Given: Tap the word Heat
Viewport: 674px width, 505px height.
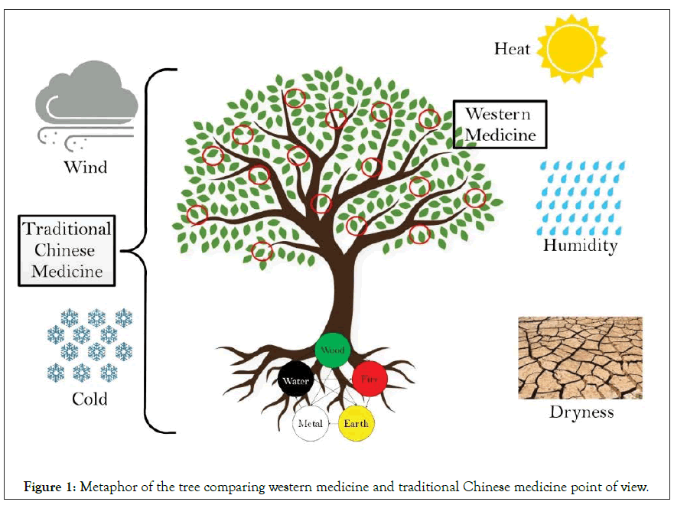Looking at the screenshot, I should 512,49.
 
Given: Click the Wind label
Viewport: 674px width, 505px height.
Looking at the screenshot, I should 85,166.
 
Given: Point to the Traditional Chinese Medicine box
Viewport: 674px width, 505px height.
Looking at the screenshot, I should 67,250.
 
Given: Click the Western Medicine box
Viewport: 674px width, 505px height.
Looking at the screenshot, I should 500,124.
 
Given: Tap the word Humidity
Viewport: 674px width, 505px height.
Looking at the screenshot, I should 580,246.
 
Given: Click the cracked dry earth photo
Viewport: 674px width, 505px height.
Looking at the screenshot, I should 580,357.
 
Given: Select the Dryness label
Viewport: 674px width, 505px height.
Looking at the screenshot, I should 581,412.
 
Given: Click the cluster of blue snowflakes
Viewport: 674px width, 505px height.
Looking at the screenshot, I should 90,345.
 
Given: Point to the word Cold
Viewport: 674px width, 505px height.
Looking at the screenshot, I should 90,399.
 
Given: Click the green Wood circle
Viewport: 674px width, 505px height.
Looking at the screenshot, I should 332,350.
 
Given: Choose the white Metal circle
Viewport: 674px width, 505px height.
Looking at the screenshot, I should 311,423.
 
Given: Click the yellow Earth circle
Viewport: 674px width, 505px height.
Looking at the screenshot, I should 356,423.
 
